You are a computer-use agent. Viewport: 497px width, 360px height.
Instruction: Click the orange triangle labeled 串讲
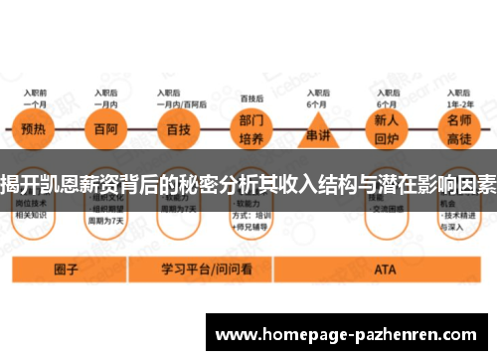click(318, 131)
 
